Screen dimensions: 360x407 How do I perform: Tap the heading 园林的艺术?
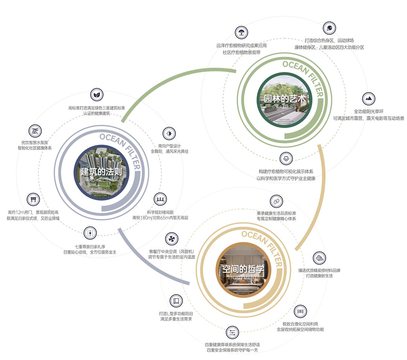tap(285, 99)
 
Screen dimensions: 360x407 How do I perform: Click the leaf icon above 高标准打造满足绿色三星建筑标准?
tap(96, 95)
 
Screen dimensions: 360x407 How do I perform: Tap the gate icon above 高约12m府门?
tap(33, 199)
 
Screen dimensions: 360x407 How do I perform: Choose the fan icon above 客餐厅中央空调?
tap(171, 238)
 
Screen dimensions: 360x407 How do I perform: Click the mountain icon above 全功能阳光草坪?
tap(369, 99)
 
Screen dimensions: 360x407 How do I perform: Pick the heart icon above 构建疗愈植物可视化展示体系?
tap(285, 159)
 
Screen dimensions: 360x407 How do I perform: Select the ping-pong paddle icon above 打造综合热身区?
tap(329, 28)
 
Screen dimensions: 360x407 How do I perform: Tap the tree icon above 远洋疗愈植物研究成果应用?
tap(241, 32)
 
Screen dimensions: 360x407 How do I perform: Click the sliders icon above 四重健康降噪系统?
tap(232, 333)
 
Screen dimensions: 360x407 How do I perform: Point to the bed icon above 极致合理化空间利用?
tap(300, 311)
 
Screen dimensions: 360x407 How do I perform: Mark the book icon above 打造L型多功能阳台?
tap(176, 301)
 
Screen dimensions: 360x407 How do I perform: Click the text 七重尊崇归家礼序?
tap(90, 247)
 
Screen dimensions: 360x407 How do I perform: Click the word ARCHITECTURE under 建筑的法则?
tap(101, 180)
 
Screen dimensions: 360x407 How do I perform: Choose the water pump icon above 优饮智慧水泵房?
tap(35, 131)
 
